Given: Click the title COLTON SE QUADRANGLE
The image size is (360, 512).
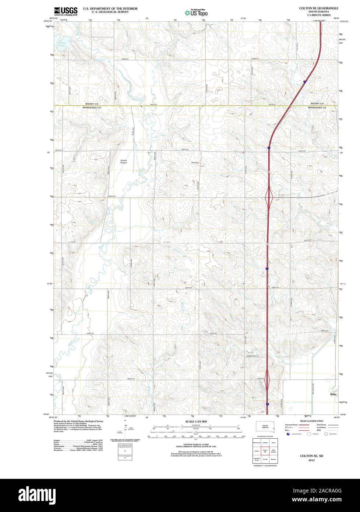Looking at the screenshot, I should pos(318,8).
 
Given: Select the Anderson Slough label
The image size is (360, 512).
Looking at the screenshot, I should pos(61,44).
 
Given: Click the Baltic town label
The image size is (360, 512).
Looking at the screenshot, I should pos(333,394).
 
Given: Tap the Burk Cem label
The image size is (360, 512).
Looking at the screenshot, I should pos(195,162).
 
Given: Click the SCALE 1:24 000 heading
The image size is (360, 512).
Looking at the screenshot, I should pos(196,421).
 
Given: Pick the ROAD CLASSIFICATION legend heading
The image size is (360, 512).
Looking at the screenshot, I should pos(311,421).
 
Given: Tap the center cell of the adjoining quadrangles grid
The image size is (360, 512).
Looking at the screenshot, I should pos(265,450).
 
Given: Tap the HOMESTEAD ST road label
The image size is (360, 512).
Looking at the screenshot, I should pos(253,356).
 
